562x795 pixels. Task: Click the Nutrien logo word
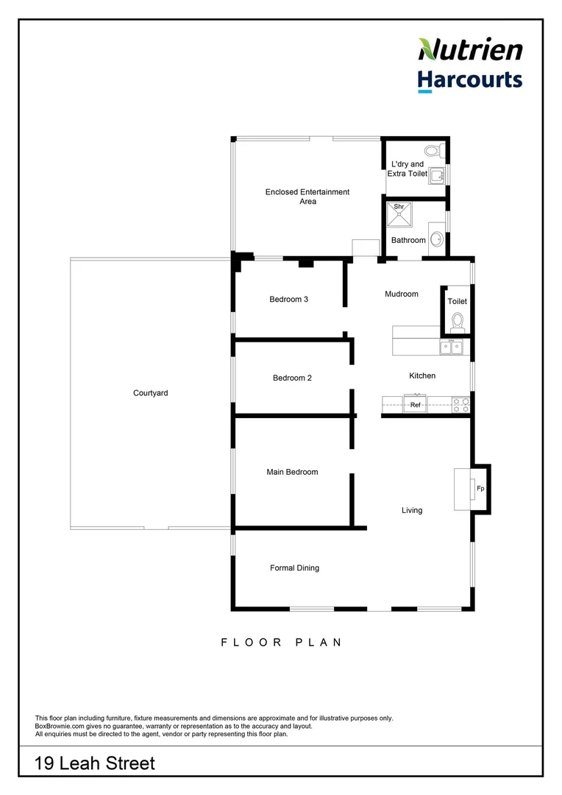(471, 50)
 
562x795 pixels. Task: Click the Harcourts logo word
(470, 79)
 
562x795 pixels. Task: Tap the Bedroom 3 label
(288, 299)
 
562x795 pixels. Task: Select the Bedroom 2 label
(292, 378)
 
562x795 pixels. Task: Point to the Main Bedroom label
(292, 472)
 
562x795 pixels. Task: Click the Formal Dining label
(294, 568)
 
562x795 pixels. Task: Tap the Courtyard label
(150, 393)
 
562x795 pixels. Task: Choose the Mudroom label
(402, 294)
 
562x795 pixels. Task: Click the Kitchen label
(422, 375)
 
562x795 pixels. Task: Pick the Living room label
(412, 510)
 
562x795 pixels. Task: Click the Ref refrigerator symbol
(415, 404)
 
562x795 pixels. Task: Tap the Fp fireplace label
(480, 489)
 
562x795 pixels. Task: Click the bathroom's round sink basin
(436, 239)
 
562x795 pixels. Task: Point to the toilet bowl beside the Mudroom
(458, 321)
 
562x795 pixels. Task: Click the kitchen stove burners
(461, 404)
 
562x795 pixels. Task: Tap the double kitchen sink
(452, 347)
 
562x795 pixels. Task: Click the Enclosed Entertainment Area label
(307, 197)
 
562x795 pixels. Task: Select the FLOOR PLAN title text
(282, 642)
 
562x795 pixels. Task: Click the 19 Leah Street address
(95, 763)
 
